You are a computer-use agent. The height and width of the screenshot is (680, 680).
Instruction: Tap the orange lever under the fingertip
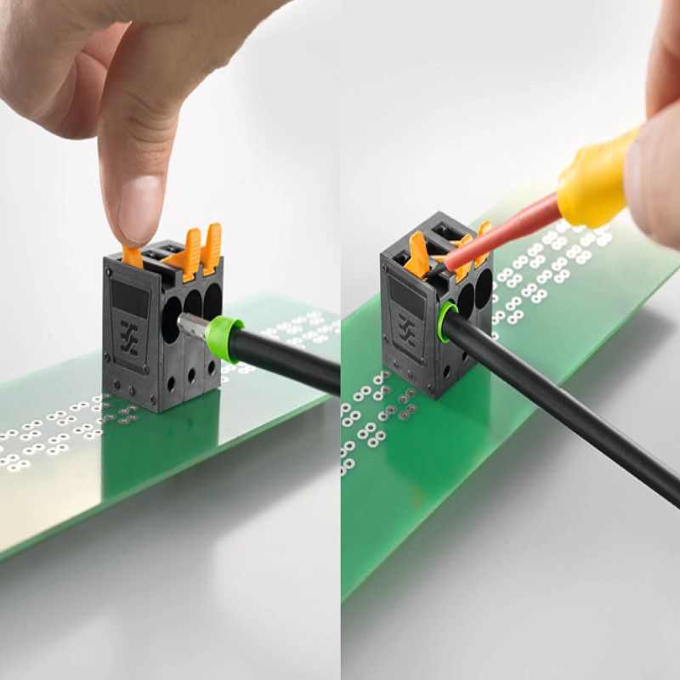coord(133,256)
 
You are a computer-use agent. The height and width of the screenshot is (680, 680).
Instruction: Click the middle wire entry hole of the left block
coord(193,304)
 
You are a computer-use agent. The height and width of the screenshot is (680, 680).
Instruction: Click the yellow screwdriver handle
coord(595,183)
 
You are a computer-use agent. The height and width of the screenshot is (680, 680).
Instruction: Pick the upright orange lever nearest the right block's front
coord(417,255)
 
